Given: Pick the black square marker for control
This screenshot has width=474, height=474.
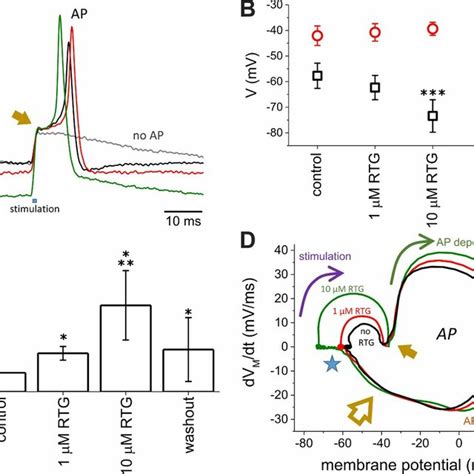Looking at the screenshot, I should [318, 76].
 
